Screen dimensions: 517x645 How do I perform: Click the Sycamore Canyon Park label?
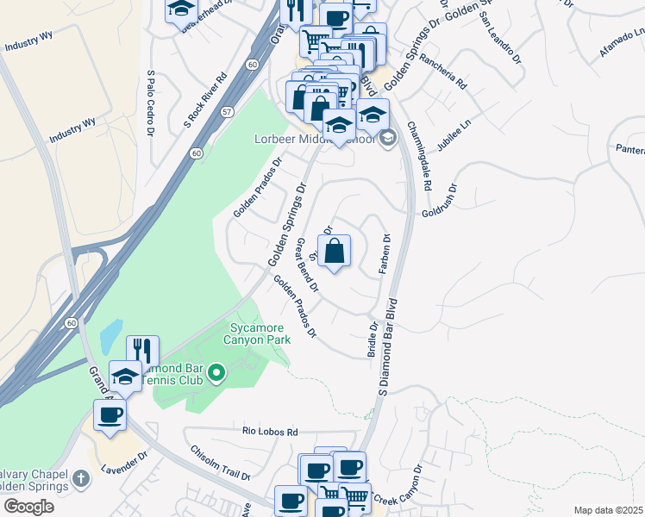pos(260,333)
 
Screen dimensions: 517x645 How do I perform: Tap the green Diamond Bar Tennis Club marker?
pos(216,373)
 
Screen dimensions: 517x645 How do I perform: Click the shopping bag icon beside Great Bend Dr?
pos(336,252)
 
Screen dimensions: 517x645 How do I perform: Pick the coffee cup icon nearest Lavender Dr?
pos(110,415)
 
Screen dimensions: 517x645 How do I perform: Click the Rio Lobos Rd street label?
pos(270,431)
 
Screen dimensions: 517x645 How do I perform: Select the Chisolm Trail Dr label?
pos(220,463)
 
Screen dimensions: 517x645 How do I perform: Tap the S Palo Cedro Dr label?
pos(150,103)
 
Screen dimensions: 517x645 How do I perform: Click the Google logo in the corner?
pos(28,507)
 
